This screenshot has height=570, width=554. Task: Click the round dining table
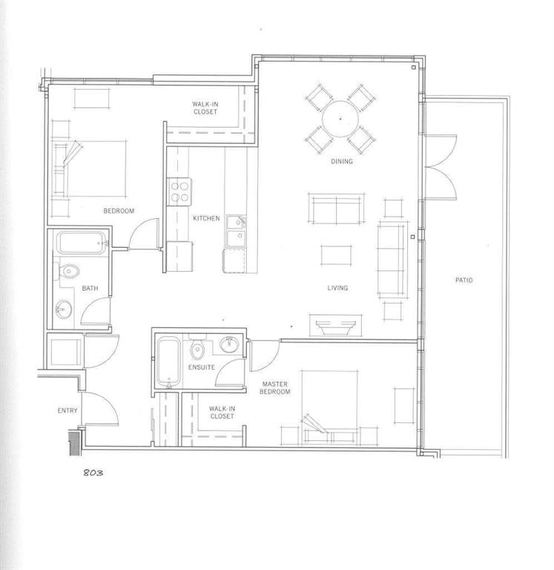point(340,119)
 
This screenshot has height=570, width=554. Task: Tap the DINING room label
point(341,161)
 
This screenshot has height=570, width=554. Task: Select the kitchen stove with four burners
point(179,191)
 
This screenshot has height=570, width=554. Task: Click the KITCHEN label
point(206,218)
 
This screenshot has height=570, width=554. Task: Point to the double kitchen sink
point(236,232)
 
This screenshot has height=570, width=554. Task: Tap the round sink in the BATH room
point(63,309)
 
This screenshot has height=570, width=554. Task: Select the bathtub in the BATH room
point(82,243)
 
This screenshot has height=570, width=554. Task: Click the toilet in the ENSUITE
point(197,348)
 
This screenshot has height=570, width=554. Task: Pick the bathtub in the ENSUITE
point(168,361)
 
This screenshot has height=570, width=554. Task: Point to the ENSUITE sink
point(229,344)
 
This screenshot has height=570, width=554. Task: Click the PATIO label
point(464,280)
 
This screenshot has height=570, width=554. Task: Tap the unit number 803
point(93,472)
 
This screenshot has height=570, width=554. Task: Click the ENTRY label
point(67,410)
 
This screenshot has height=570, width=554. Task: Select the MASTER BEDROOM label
point(275,387)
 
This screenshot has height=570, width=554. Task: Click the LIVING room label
point(337,288)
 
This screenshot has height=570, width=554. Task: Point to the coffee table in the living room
point(336,255)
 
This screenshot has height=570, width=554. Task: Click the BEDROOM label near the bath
point(119,211)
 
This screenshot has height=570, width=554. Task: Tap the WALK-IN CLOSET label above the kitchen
point(205,108)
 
